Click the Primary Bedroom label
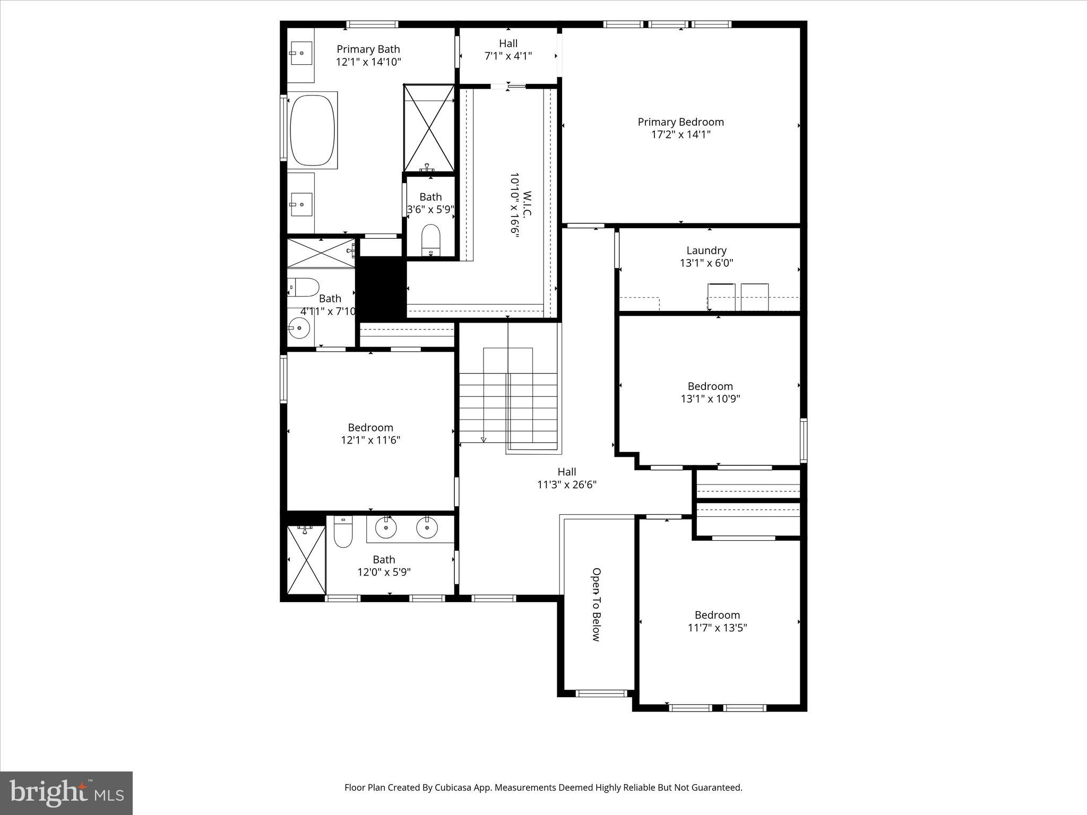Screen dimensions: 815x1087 point(680,122)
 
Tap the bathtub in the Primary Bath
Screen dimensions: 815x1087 point(312,130)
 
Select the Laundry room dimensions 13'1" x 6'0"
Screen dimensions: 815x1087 point(706,263)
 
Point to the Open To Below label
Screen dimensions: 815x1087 point(597,604)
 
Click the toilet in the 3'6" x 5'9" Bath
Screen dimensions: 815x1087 point(430,240)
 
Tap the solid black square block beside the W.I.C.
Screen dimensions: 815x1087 point(383,288)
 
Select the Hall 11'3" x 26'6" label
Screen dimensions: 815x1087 point(567,478)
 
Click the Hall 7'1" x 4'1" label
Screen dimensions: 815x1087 point(508,49)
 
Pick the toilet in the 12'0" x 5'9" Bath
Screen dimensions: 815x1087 point(343,533)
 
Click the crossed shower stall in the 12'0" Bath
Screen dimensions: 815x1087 point(306,560)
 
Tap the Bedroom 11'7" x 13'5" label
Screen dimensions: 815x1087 point(717,621)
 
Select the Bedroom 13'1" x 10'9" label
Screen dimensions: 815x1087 point(710,392)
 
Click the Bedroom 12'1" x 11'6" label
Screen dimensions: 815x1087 point(370,433)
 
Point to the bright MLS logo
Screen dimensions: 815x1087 point(66,793)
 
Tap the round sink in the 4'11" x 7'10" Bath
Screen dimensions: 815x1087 point(299,328)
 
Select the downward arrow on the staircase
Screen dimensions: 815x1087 point(484,439)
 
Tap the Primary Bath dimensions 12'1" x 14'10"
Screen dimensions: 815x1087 point(368,62)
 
